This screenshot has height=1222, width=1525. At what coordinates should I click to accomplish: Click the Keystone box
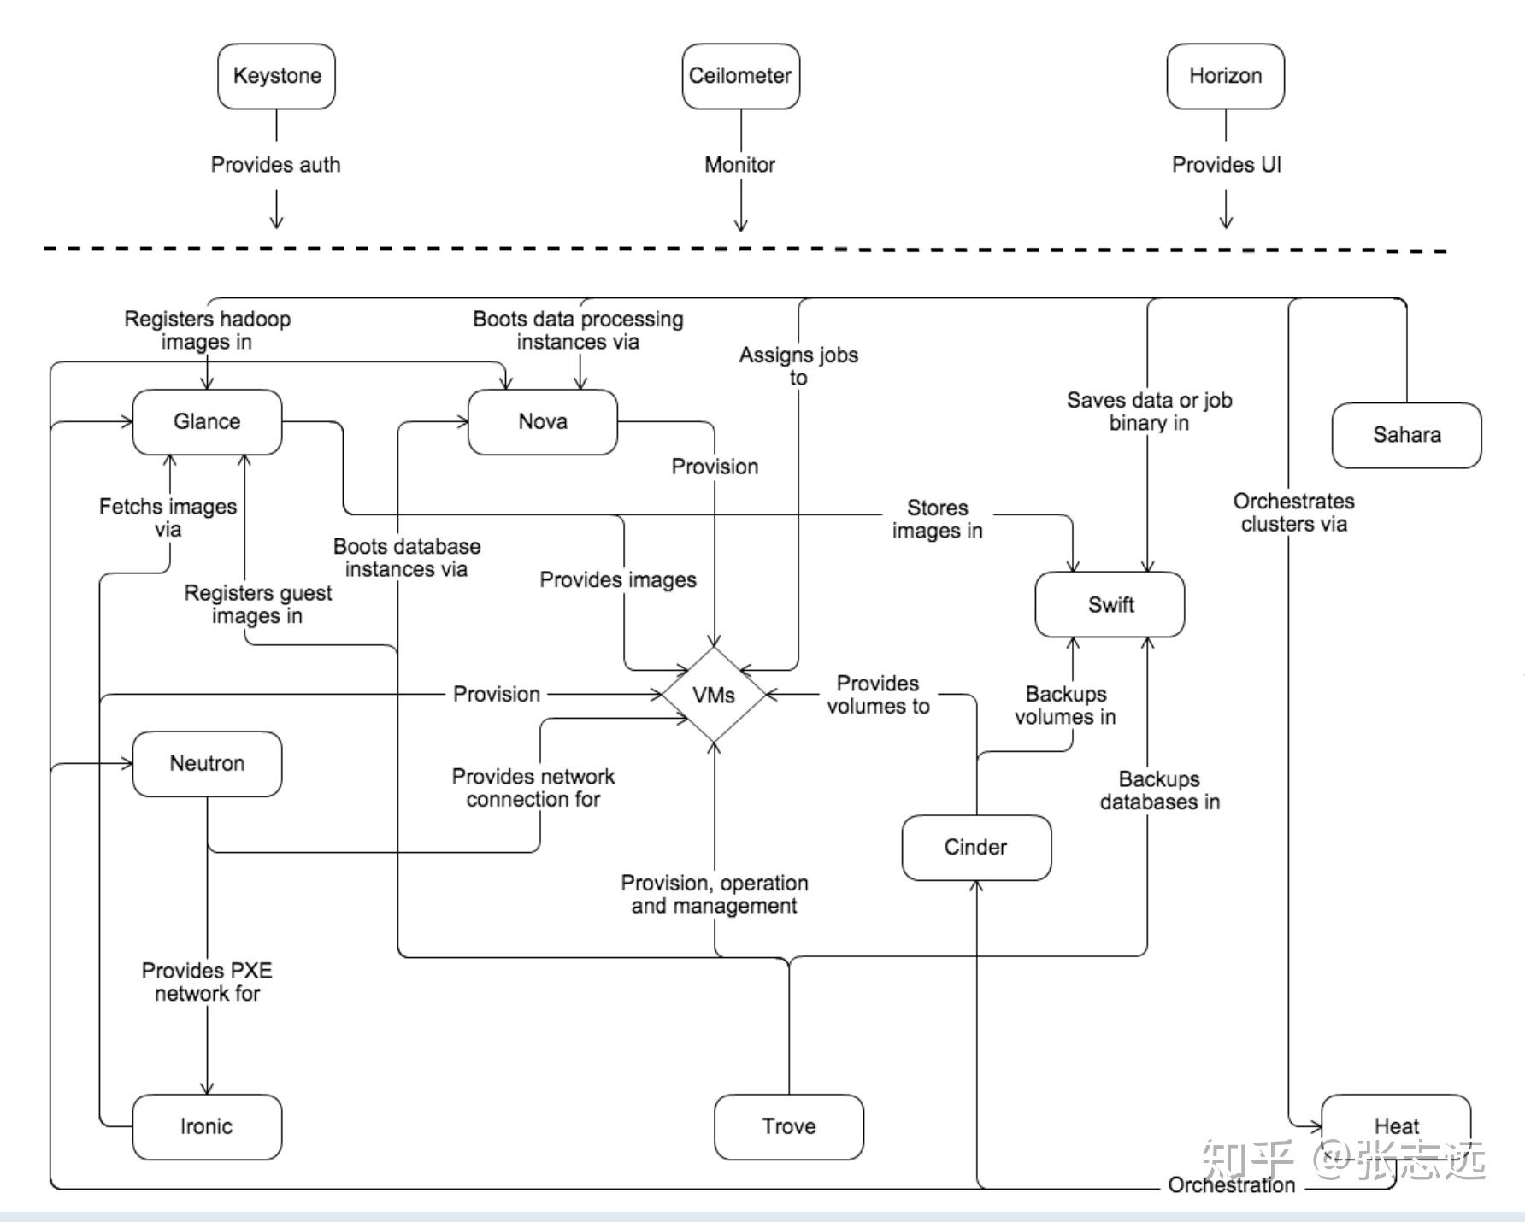[x=276, y=76]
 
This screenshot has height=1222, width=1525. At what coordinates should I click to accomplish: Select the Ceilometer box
[x=740, y=76]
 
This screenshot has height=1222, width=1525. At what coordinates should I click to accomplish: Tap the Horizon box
[x=1225, y=76]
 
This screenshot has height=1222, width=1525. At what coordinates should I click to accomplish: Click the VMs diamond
[x=714, y=695]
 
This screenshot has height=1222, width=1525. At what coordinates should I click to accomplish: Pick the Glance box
[x=207, y=421]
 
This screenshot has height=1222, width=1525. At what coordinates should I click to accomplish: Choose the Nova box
[x=543, y=421]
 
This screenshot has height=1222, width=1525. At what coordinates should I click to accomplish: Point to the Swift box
[x=1110, y=604]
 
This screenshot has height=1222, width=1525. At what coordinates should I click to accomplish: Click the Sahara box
[x=1406, y=435]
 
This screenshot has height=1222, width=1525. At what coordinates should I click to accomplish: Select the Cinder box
[x=976, y=847]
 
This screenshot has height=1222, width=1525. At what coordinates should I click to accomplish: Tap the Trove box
[x=788, y=1126]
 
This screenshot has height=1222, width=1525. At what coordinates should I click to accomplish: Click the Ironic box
[x=207, y=1126]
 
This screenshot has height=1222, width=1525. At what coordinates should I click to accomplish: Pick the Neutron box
[x=207, y=763]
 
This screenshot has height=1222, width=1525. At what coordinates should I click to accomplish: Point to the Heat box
[x=1396, y=1126]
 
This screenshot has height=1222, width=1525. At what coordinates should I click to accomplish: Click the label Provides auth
[x=275, y=165]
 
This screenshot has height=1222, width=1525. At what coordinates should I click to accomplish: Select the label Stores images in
[x=937, y=519]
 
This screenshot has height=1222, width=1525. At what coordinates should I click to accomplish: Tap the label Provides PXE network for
[x=207, y=982]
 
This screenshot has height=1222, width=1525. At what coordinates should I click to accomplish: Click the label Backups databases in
[x=1159, y=790]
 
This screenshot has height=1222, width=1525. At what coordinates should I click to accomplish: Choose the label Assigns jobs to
[x=798, y=366]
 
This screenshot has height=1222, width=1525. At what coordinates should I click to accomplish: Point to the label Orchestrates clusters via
[x=1293, y=513]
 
